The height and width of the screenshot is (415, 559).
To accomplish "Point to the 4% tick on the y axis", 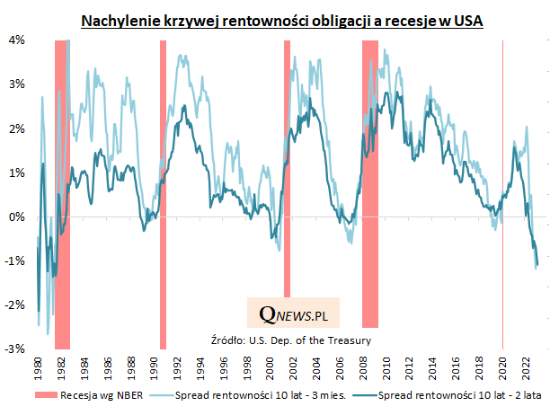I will click(17, 40).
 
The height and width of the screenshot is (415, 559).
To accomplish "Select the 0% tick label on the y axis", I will click(17, 216).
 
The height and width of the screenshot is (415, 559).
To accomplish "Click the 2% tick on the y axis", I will click(17, 128).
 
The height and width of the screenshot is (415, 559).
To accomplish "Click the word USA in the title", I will click(468, 20).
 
